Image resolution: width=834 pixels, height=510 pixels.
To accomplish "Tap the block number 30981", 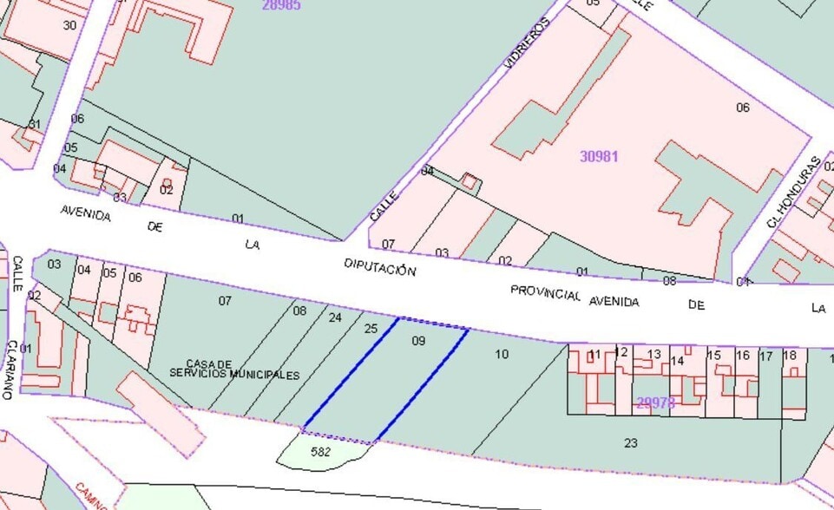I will click(x=599, y=157).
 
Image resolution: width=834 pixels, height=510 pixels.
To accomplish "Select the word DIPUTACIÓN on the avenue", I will click(x=379, y=266).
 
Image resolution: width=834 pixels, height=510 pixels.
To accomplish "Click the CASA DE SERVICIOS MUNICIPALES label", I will click(x=234, y=369).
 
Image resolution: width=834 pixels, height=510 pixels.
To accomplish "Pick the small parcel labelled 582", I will click(x=320, y=452).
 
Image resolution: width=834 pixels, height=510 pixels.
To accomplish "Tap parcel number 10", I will click(x=502, y=354).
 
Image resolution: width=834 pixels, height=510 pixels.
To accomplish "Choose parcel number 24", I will click(x=335, y=317).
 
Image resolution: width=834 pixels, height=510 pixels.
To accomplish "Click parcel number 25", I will click(x=371, y=329).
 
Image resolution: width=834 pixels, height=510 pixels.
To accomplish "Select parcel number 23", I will click(x=631, y=442).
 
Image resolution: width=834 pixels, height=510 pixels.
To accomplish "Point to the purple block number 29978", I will click(x=655, y=402).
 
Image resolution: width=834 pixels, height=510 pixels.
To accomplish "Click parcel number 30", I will click(x=69, y=24).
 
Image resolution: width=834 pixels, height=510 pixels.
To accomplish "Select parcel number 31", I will click(x=34, y=125).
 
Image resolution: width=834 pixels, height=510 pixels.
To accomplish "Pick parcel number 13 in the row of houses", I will click(x=653, y=354).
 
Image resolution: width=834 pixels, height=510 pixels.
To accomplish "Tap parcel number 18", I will click(x=789, y=355).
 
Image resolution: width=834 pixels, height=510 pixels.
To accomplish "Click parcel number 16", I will click(x=742, y=355).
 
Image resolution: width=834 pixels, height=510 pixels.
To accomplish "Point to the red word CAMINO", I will click(x=92, y=497).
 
